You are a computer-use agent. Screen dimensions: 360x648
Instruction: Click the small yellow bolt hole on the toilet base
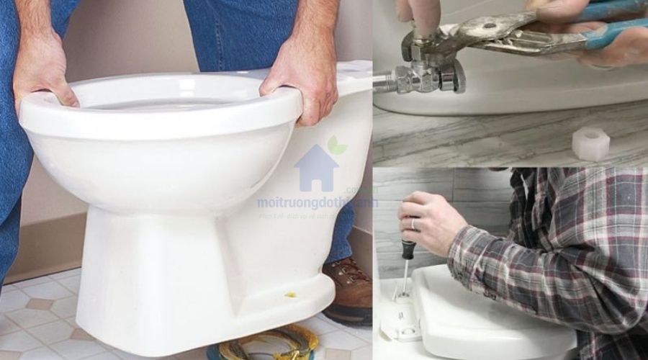tap(291, 295)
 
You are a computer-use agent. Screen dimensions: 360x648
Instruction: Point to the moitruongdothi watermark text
tap(317, 203)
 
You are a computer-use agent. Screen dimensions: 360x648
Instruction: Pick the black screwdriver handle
tap(408, 248)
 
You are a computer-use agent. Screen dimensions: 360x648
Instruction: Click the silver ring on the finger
tap(413, 225)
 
